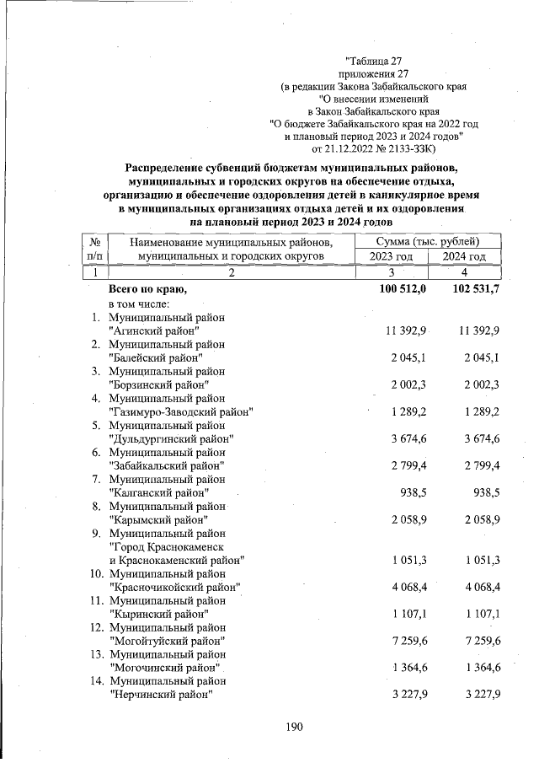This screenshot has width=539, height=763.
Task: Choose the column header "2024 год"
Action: (x=465, y=257)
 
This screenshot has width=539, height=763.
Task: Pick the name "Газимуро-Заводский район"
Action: (x=182, y=411)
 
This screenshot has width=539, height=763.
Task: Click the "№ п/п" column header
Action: (x=95, y=250)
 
